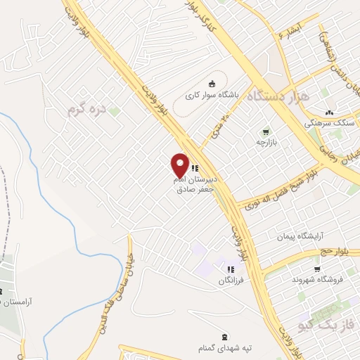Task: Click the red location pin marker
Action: coord(180,165)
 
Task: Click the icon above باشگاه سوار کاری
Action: coord(212,82)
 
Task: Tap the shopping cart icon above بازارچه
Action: coord(266,131)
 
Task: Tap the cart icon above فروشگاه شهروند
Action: coord(317,269)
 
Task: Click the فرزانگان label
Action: coord(231,281)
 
